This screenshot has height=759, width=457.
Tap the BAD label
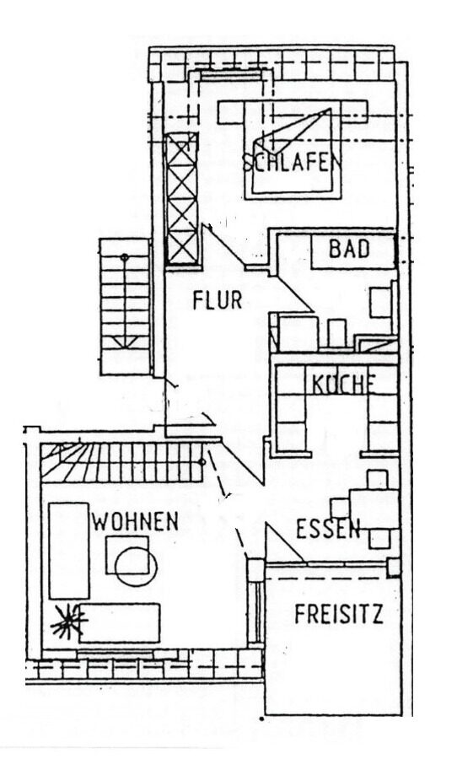click(x=350, y=249)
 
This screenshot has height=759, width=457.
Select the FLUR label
click(x=218, y=300)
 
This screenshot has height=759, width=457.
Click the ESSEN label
click(x=328, y=529)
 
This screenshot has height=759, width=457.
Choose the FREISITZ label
click(x=339, y=614)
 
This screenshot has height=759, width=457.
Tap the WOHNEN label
click(x=136, y=521)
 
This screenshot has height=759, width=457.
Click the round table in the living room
click(x=136, y=567)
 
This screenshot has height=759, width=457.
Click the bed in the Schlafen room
click(x=292, y=150)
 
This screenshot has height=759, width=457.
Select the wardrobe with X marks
click(x=181, y=198)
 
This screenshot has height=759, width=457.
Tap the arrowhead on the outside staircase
click(x=125, y=342)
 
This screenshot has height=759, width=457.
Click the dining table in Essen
click(x=374, y=509)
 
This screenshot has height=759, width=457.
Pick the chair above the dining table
click(x=377, y=479)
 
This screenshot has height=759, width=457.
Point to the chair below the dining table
click(x=379, y=538)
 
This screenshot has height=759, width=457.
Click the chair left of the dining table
click(x=341, y=508)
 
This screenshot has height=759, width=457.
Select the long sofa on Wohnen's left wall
click(x=69, y=551)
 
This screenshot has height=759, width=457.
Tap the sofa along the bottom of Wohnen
click(x=120, y=623)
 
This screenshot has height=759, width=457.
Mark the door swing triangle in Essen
click(x=285, y=543)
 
